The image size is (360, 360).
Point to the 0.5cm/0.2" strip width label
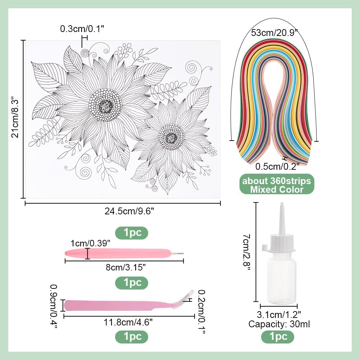click(x=277, y=167)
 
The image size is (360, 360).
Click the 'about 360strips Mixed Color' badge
click(x=276, y=184)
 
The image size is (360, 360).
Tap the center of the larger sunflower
click(x=105, y=105)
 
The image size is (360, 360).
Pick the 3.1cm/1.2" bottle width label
click(x=279, y=316)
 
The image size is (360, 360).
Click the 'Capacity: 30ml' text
click(x=279, y=324)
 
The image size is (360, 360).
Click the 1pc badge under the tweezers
click(x=131, y=337)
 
